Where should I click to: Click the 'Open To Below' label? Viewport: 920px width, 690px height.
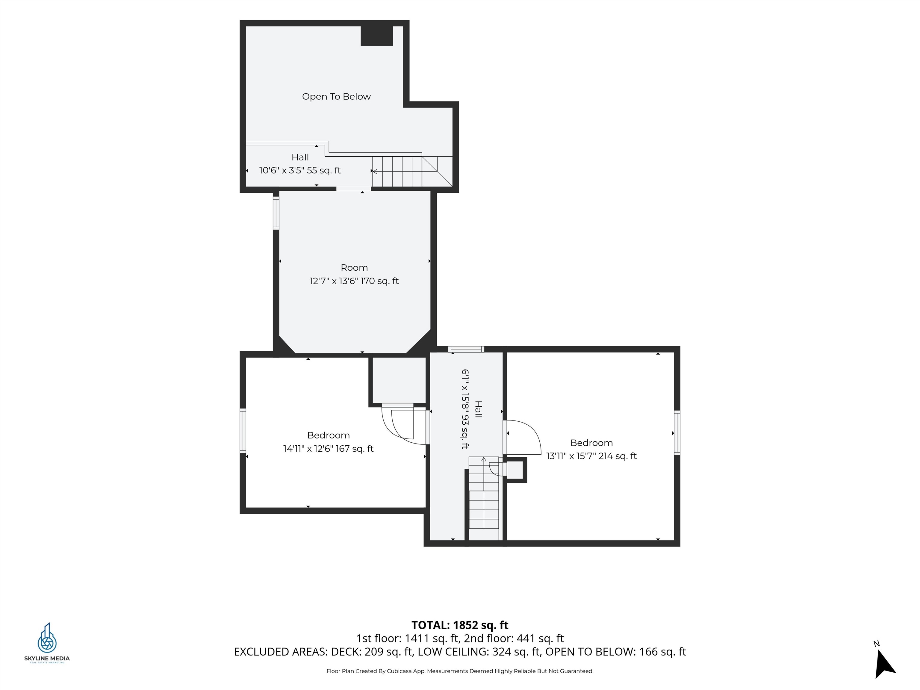click(x=336, y=96)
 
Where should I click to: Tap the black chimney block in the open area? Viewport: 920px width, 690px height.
click(x=376, y=36)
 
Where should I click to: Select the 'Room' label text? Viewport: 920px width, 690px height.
click(x=354, y=267)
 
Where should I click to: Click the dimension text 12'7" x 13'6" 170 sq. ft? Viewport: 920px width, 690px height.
click(x=354, y=281)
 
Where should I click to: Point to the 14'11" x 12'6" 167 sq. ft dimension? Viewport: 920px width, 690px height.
click(x=328, y=448)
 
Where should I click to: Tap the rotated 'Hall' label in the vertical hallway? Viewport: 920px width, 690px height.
click(x=478, y=409)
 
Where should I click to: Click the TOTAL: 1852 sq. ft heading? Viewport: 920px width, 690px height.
click(x=460, y=625)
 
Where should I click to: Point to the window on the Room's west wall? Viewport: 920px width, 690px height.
click(x=276, y=213)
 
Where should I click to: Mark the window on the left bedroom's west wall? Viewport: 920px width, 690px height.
click(x=243, y=430)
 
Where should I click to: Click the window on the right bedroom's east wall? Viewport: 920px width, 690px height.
click(x=677, y=432)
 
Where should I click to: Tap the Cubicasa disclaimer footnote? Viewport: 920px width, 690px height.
click(x=460, y=671)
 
